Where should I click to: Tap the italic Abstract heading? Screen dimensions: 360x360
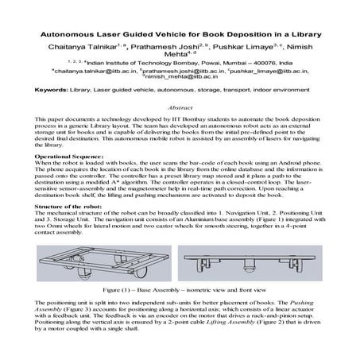[x=180, y=106]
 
